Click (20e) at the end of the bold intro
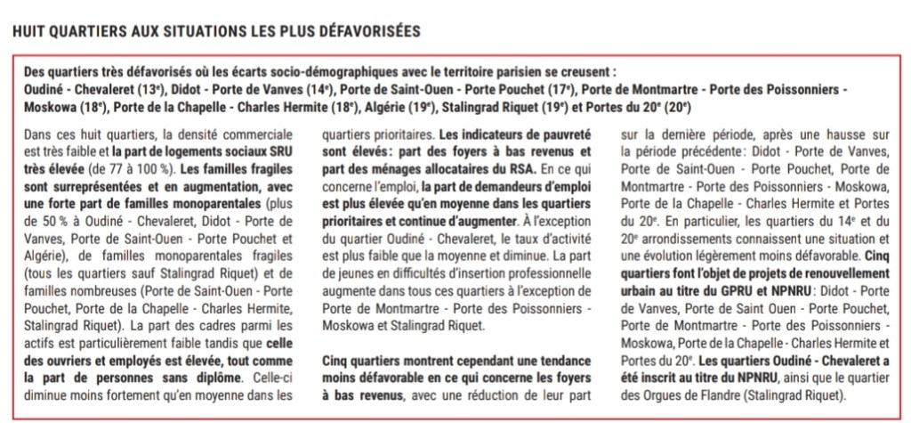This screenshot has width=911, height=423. click(677, 106)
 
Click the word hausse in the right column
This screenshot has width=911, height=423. click(830, 135)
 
